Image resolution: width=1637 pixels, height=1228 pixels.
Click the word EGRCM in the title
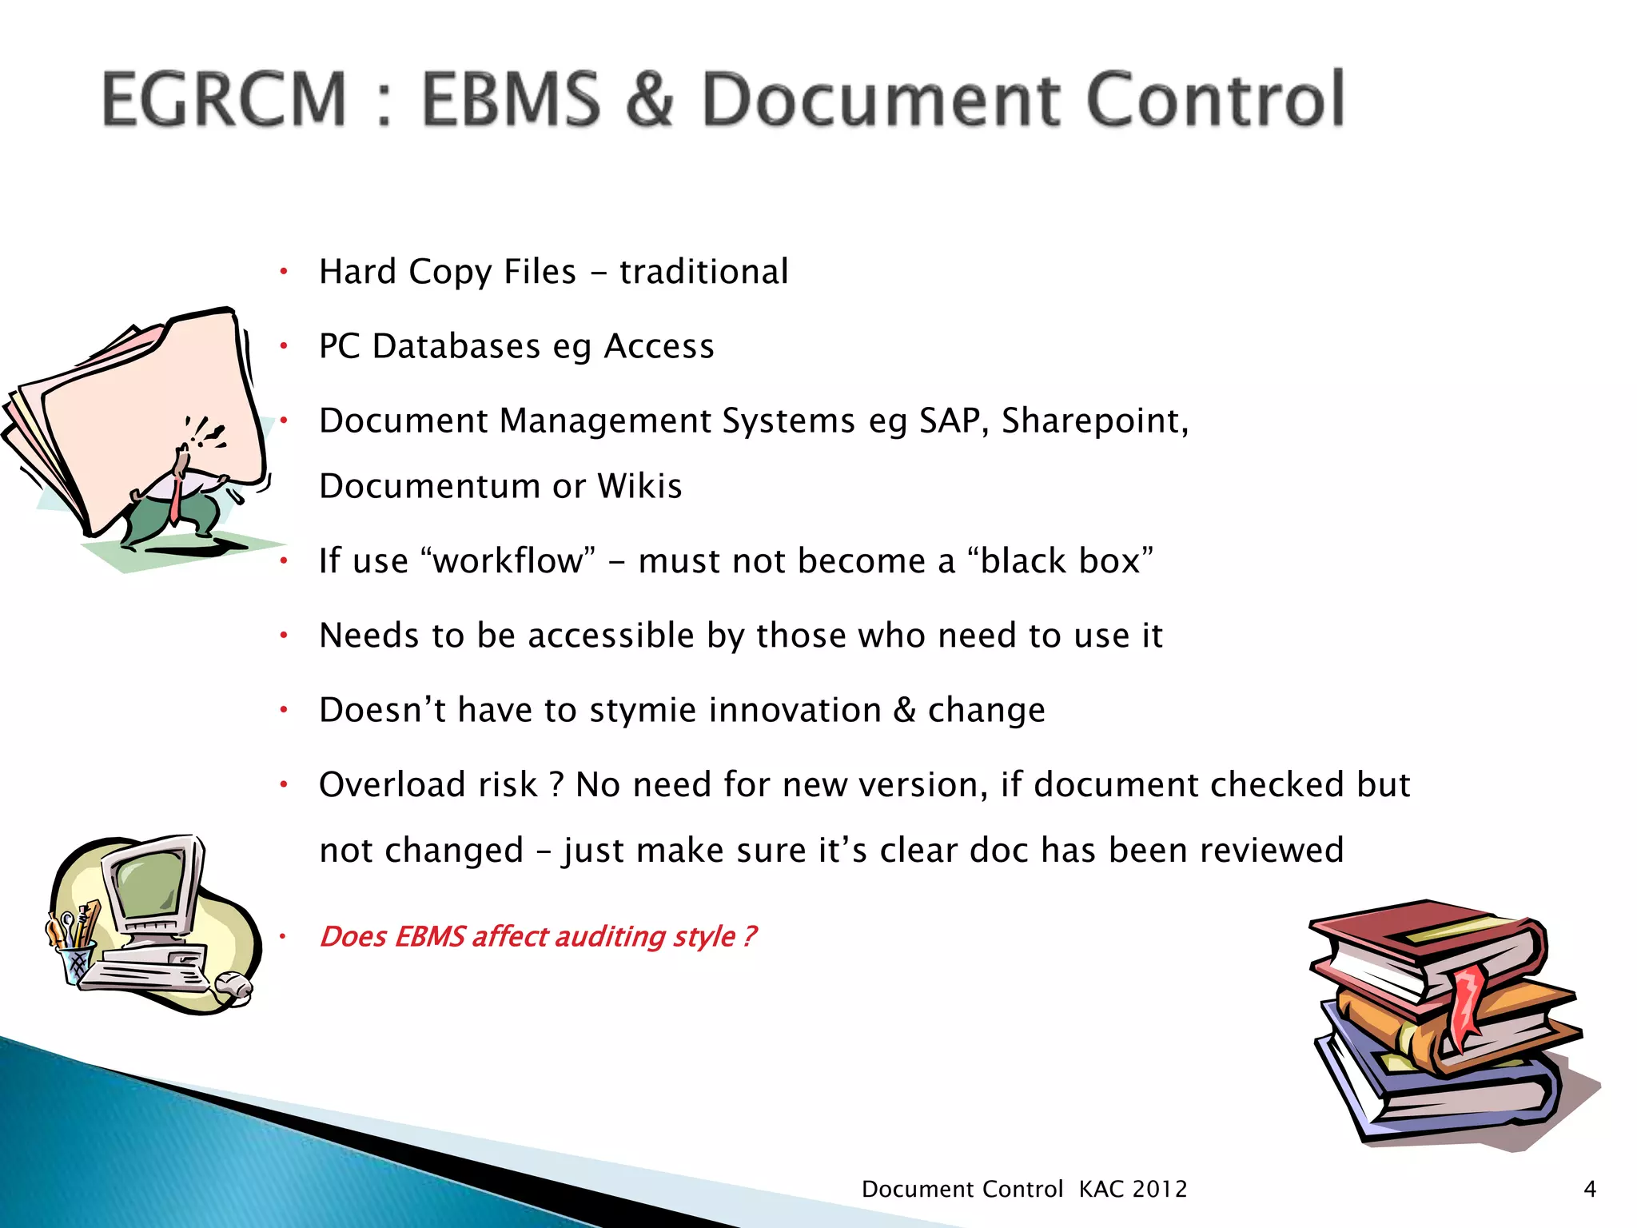[x=225, y=99]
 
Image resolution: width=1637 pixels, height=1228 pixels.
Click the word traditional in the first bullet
[x=703, y=272]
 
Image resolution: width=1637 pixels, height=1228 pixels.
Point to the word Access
[x=659, y=346]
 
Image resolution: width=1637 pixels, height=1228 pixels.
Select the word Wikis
[x=639, y=486]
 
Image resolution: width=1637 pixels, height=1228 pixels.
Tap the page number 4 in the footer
[x=1590, y=1189]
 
